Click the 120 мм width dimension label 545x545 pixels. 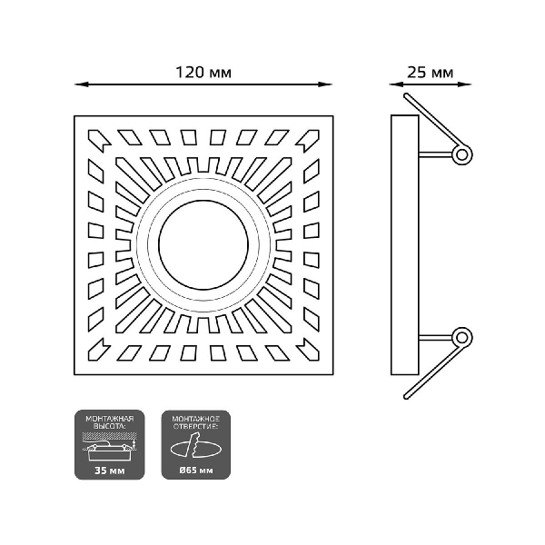click(202, 70)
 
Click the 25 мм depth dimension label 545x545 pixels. click(429, 70)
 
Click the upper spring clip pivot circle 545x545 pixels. click(462, 154)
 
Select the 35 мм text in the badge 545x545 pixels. click(110, 471)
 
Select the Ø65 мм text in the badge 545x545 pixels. click(195, 471)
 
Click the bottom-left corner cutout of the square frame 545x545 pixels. click(100, 347)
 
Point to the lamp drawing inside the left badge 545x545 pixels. click(109, 451)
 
